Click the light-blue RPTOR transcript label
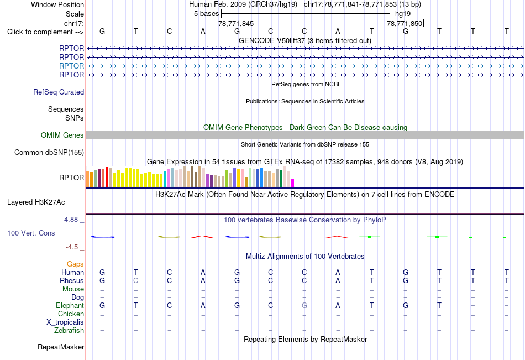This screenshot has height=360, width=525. (x=71, y=66)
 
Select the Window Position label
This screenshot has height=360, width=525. (x=57, y=4)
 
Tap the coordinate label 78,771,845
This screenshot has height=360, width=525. (x=236, y=23)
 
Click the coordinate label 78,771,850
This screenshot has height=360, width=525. (x=405, y=23)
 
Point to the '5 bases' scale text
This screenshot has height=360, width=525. (x=206, y=14)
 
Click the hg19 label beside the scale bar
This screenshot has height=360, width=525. (x=403, y=14)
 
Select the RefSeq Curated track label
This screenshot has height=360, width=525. (x=59, y=92)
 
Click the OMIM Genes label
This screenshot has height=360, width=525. (x=62, y=135)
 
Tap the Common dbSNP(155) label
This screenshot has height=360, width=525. (x=49, y=152)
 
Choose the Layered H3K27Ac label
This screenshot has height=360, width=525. (x=36, y=202)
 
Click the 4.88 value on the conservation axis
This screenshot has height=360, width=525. (x=71, y=220)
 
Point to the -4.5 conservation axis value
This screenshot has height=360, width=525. (x=72, y=247)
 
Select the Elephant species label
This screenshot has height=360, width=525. (x=70, y=305)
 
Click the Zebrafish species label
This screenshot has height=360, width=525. (x=69, y=330)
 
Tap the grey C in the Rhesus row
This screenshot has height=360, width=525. (x=135, y=280)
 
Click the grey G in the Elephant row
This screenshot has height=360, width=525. (x=305, y=305)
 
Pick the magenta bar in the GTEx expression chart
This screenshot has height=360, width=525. (x=293, y=183)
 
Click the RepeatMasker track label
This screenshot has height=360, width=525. (x=61, y=347)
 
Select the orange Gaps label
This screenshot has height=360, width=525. (x=75, y=264)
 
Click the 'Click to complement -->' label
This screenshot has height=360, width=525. (x=45, y=32)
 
